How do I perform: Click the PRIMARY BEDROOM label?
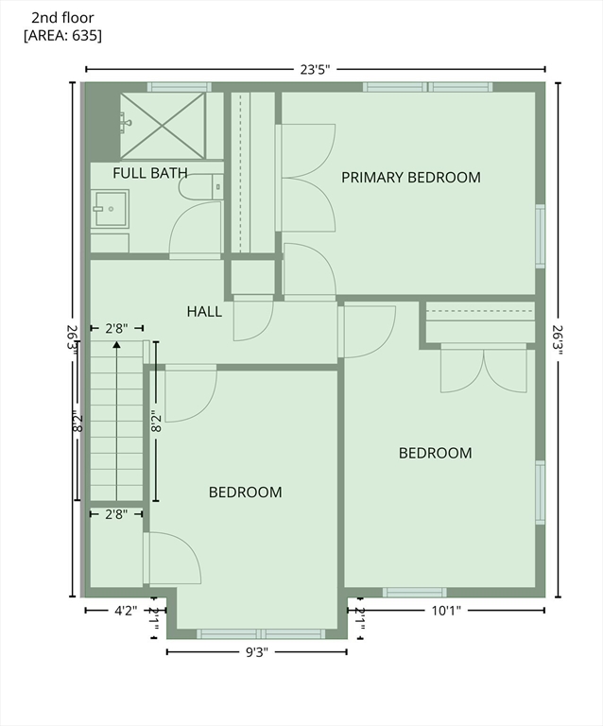(x=411, y=178)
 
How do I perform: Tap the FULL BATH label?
(x=150, y=173)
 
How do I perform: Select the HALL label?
(x=204, y=312)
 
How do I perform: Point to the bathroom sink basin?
(x=110, y=209)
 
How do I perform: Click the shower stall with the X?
(x=163, y=126)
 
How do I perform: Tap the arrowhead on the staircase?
(x=116, y=345)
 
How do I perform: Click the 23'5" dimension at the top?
(x=315, y=70)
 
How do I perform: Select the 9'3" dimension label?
(x=257, y=652)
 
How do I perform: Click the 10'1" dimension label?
(x=446, y=611)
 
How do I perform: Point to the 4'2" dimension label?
(x=126, y=611)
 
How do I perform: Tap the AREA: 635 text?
(x=62, y=36)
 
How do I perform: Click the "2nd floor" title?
(x=62, y=18)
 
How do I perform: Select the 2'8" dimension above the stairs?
(x=116, y=329)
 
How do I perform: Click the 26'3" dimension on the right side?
(x=558, y=340)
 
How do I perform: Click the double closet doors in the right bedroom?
(x=484, y=369)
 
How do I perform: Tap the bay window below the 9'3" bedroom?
(x=261, y=634)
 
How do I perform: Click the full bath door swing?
(x=195, y=228)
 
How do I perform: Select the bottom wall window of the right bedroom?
(x=415, y=592)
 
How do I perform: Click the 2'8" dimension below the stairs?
(x=116, y=514)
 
